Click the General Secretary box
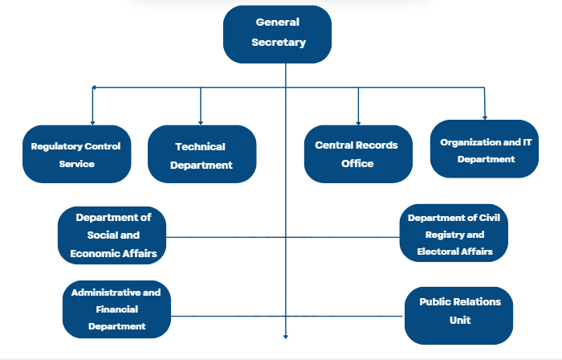(277, 34)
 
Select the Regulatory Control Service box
(76, 154)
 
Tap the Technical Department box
(202, 155)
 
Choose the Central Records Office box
(357, 153)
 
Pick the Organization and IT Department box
(485, 149)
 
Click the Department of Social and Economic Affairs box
(112, 235)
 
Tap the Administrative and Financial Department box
(116, 309)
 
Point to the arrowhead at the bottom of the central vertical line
(286, 337)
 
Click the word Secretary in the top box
(277, 43)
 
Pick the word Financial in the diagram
(116, 309)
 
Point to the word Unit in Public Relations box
(459, 320)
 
